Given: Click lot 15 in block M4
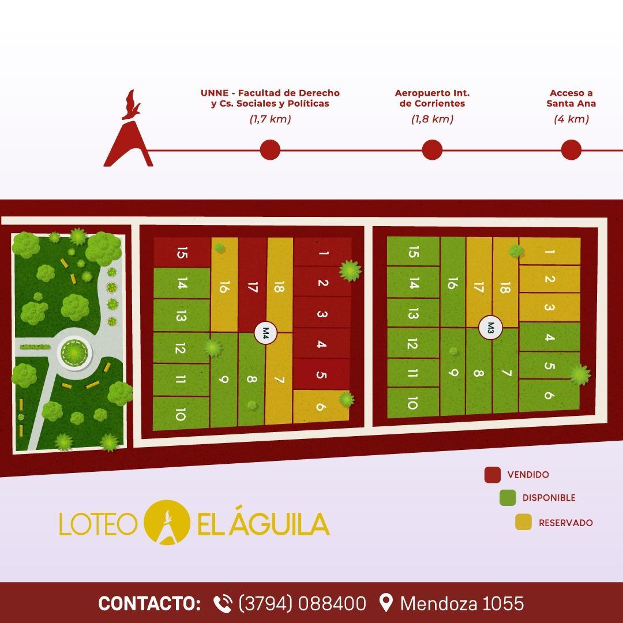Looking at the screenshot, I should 182,253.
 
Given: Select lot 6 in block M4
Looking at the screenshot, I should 321,406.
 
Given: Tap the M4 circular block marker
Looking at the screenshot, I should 266,333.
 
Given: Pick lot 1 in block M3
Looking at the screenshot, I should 549,252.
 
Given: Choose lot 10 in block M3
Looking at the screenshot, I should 412,403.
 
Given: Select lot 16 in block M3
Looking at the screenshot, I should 453,283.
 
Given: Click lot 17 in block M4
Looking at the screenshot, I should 252,287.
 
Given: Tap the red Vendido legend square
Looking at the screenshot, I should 492,475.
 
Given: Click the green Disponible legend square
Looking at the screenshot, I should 508,498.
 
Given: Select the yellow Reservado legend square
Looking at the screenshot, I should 523,522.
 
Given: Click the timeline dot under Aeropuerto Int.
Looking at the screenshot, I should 432,150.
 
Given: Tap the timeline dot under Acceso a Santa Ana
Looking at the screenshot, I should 571,150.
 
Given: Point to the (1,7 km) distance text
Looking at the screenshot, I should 270,119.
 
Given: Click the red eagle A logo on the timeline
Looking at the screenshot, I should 129,133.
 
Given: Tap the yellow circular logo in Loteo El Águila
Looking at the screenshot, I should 167,522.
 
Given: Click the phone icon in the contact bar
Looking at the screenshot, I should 223,603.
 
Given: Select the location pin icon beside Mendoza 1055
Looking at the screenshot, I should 386,603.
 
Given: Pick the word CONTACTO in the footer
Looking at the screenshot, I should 149,603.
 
